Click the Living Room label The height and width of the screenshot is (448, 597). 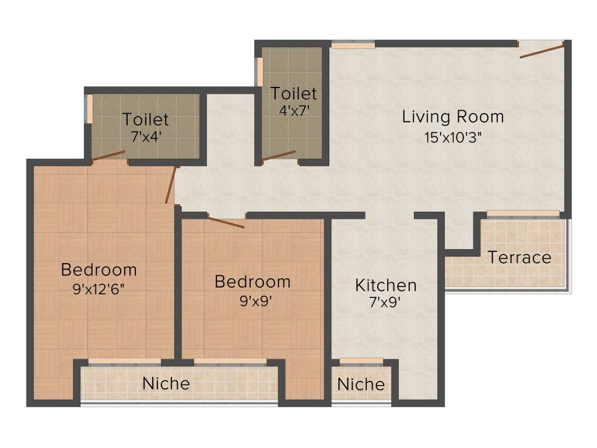tap(453, 117)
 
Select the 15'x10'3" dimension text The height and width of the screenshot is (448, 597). tap(453, 138)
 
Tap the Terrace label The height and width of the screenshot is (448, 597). tap(519, 257)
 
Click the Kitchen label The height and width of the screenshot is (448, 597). tap(386, 285)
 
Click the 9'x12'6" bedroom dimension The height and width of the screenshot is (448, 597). tap(99, 288)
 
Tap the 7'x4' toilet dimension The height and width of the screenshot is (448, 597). tap(145, 137)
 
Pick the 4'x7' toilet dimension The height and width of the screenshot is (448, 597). tap(293, 110)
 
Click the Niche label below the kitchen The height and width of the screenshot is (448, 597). tap(361, 384)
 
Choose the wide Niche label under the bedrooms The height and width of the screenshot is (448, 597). tap(166, 383)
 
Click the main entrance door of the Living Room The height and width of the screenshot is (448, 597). tap(542, 51)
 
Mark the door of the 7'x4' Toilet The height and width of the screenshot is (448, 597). tap(108, 155)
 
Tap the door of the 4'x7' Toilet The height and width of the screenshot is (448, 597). tap(279, 155)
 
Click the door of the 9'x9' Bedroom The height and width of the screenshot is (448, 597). tap(226, 222)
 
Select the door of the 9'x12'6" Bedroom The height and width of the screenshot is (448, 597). tap(170, 185)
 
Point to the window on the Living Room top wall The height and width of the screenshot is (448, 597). tap(353, 44)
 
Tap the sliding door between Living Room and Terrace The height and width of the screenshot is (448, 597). tap(523, 214)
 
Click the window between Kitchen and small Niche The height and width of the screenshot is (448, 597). tap(361, 361)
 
